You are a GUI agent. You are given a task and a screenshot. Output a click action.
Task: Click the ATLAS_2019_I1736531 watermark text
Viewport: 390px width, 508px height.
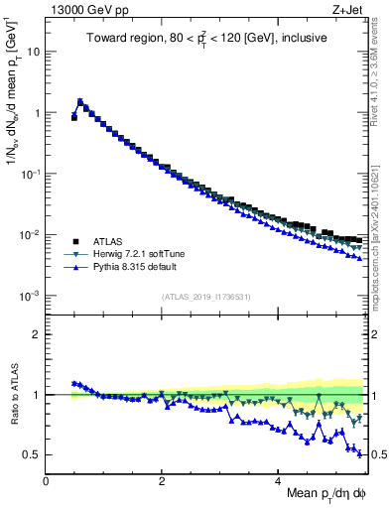coord(205,297)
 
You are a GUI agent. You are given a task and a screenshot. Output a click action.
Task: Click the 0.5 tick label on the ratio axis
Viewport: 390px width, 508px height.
coord(32,455)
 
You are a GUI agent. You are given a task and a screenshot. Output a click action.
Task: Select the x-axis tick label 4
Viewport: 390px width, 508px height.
coord(279,480)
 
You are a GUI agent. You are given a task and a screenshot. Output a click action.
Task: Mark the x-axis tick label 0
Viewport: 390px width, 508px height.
coord(46,480)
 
